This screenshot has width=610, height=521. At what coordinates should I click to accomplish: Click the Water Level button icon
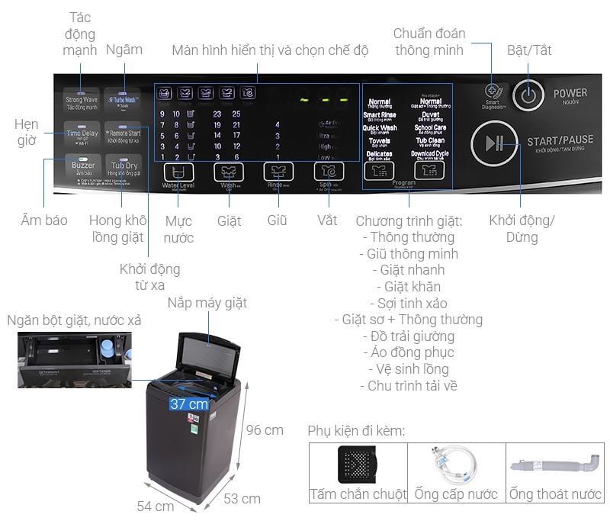pyautogui.click(x=178, y=171)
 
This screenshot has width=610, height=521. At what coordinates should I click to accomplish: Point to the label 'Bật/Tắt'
pyautogui.click(x=529, y=50)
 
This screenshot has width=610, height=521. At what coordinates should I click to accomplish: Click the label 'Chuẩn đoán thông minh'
pyautogui.click(x=429, y=42)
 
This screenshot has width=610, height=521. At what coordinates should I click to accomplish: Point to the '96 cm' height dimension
pyautogui.click(x=264, y=429)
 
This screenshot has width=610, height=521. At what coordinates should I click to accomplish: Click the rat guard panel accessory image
pyautogui.click(x=358, y=463)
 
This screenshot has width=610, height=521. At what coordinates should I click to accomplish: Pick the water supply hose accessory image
pyautogui.click(x=456, y=463)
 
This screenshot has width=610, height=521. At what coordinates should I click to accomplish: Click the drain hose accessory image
pyautogui.click(x=554, y=463)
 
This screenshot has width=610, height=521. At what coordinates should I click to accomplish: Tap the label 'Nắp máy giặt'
pyautogui.click(x=207, y=304)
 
